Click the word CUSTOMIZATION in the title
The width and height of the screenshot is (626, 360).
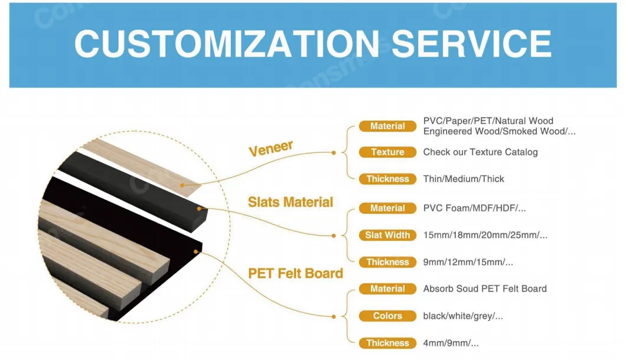click(227, 44)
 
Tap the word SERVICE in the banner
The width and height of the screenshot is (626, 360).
click(471, 44)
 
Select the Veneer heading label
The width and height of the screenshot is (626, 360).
click(271, 148)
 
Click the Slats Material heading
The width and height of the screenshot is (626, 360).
click(290, 202)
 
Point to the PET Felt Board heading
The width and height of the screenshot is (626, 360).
click(295, 273)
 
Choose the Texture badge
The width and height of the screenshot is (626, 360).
click(387, 152)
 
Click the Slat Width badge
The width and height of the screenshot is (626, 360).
click(387, 235)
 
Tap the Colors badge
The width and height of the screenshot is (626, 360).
click(387, 316)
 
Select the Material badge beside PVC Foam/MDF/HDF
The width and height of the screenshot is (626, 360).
click(387, 208)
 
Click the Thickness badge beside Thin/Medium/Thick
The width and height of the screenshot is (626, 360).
click(387, 179)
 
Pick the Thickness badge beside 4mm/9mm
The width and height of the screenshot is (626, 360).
click(387, 343)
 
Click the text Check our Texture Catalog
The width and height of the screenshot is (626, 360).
click(480, 152)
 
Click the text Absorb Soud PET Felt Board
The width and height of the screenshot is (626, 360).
click(485, 289)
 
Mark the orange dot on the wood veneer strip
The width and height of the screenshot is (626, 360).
click(182, 185)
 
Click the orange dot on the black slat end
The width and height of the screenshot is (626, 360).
click(199, 208)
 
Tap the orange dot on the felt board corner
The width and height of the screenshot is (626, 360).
click(195, 251)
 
